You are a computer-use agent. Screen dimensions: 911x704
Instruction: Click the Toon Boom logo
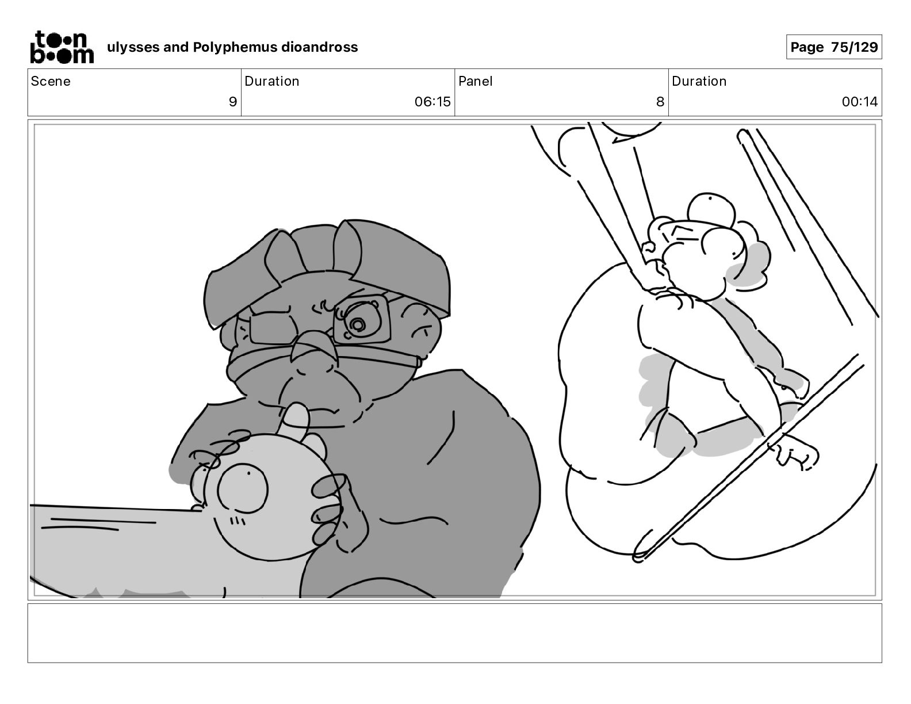coord(62,47)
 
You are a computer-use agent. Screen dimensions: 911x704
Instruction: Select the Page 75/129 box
coord(834,47)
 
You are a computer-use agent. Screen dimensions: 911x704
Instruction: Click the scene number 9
coord(233,101)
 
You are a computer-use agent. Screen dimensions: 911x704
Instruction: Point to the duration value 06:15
coord(432,101)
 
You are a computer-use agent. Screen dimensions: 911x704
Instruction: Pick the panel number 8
coord(660,101)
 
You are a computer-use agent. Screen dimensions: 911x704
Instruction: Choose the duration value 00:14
coord(859,101)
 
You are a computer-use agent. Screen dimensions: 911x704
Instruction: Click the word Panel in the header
coord(476,81)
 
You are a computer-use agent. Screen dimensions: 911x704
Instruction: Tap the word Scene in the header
coord(51,81)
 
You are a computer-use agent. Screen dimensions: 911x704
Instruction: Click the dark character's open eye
coord(358,324)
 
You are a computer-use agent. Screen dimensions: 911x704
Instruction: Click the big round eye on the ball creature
coord(242,488)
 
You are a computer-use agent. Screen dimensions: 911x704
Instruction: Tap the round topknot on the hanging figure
coord(711,211)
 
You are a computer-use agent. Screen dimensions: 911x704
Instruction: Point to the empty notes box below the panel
coord(455,633)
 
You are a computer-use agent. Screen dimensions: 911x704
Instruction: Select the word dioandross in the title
coord(319,47)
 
